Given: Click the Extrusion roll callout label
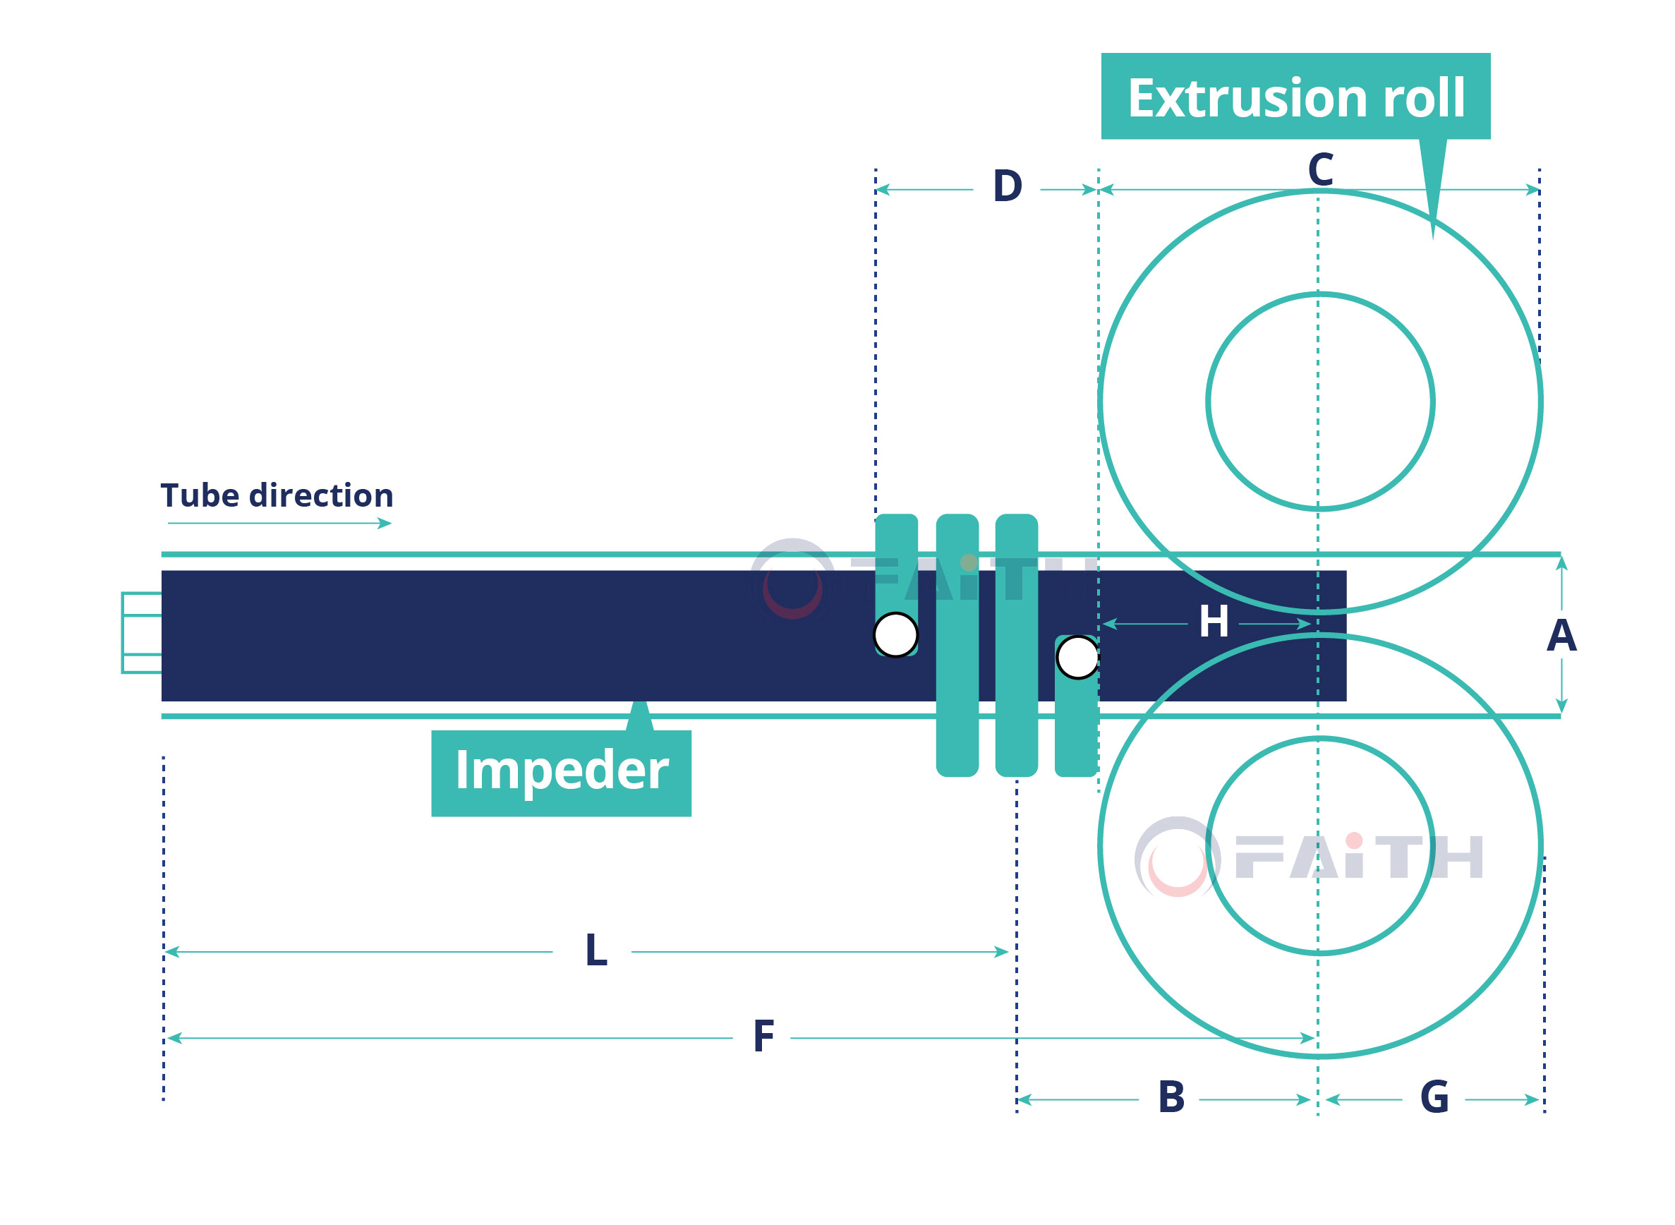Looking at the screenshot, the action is pos(1295,97).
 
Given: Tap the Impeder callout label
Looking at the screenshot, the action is pos(562,773).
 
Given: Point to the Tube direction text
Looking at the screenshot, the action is pos(277,495).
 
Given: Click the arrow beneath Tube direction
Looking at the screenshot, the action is pos(279,524).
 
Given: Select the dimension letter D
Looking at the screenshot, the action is pos(1008,186).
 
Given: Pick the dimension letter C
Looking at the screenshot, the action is pos(1321,169).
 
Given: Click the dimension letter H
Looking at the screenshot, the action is pos(1214,622).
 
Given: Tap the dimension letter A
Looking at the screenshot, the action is pos(1561,636).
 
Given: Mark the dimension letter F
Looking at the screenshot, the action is pos(763,1037).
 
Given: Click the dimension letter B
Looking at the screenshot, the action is pos(1171,1097).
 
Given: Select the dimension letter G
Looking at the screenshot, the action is pos(1434,1097).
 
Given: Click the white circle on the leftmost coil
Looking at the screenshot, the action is pos(895,635).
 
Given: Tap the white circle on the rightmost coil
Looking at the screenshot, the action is pos(1077,657).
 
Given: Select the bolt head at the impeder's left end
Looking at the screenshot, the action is pos(142,632).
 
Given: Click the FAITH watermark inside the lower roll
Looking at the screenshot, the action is pos(1309,857).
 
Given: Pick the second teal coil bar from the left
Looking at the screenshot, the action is pos(957,645).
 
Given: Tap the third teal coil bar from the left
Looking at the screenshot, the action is pos(1017,645).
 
